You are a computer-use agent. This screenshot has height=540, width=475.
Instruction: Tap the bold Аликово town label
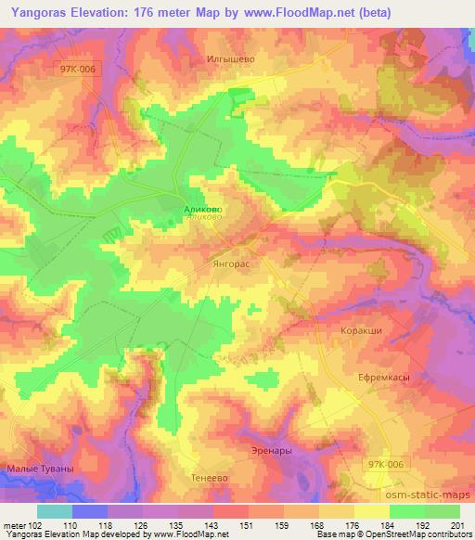click(x=202, y=210)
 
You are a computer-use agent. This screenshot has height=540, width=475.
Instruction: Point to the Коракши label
click(x=361, y=330)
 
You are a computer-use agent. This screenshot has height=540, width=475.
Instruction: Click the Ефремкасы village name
click(x=383, y=378)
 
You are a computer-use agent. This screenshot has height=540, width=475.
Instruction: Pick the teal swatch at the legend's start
click(x=54, y=510)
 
